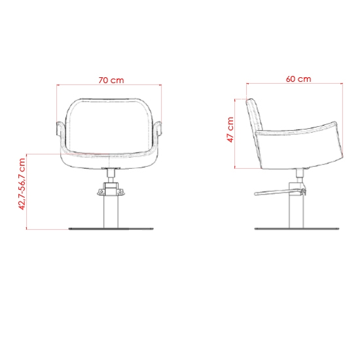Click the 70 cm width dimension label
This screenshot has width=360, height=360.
pyautogui.click(x=111, y=81)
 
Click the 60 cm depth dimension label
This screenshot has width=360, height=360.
pyautogui.click(x=298, y=79)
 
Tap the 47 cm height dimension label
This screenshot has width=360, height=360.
pyautogui.click(x=230, y=130)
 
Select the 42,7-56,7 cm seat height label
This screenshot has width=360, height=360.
pyautogui.click(x=22, y=184)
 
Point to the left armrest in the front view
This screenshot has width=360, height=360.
pyautogui.click(x=59, y=128)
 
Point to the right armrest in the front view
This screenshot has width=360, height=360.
pyautogui.click(x=158, y=128)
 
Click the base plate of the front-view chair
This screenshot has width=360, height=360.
pyautogui.click(x=111, y=228)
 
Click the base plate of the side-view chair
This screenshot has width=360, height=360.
pyautogui.click(x=297, y=228)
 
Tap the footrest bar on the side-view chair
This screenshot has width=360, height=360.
pyautogui.click(x=279, y=192)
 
